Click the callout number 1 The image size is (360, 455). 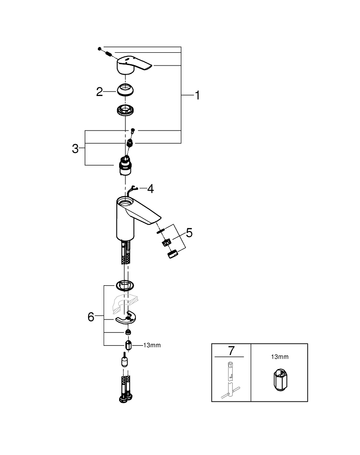coord(197,95)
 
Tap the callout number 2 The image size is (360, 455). coord(100,91)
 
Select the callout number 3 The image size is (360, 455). coord(75,148)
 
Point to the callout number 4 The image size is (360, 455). coord(150,188)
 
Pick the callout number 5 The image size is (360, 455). coord(189,233)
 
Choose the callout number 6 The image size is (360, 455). coord(91,317)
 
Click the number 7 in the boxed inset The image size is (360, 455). coord(231,351)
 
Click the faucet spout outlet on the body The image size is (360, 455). coord(155,222)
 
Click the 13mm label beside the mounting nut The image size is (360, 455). coord(152,345)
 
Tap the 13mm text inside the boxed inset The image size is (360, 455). coord(279,358)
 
